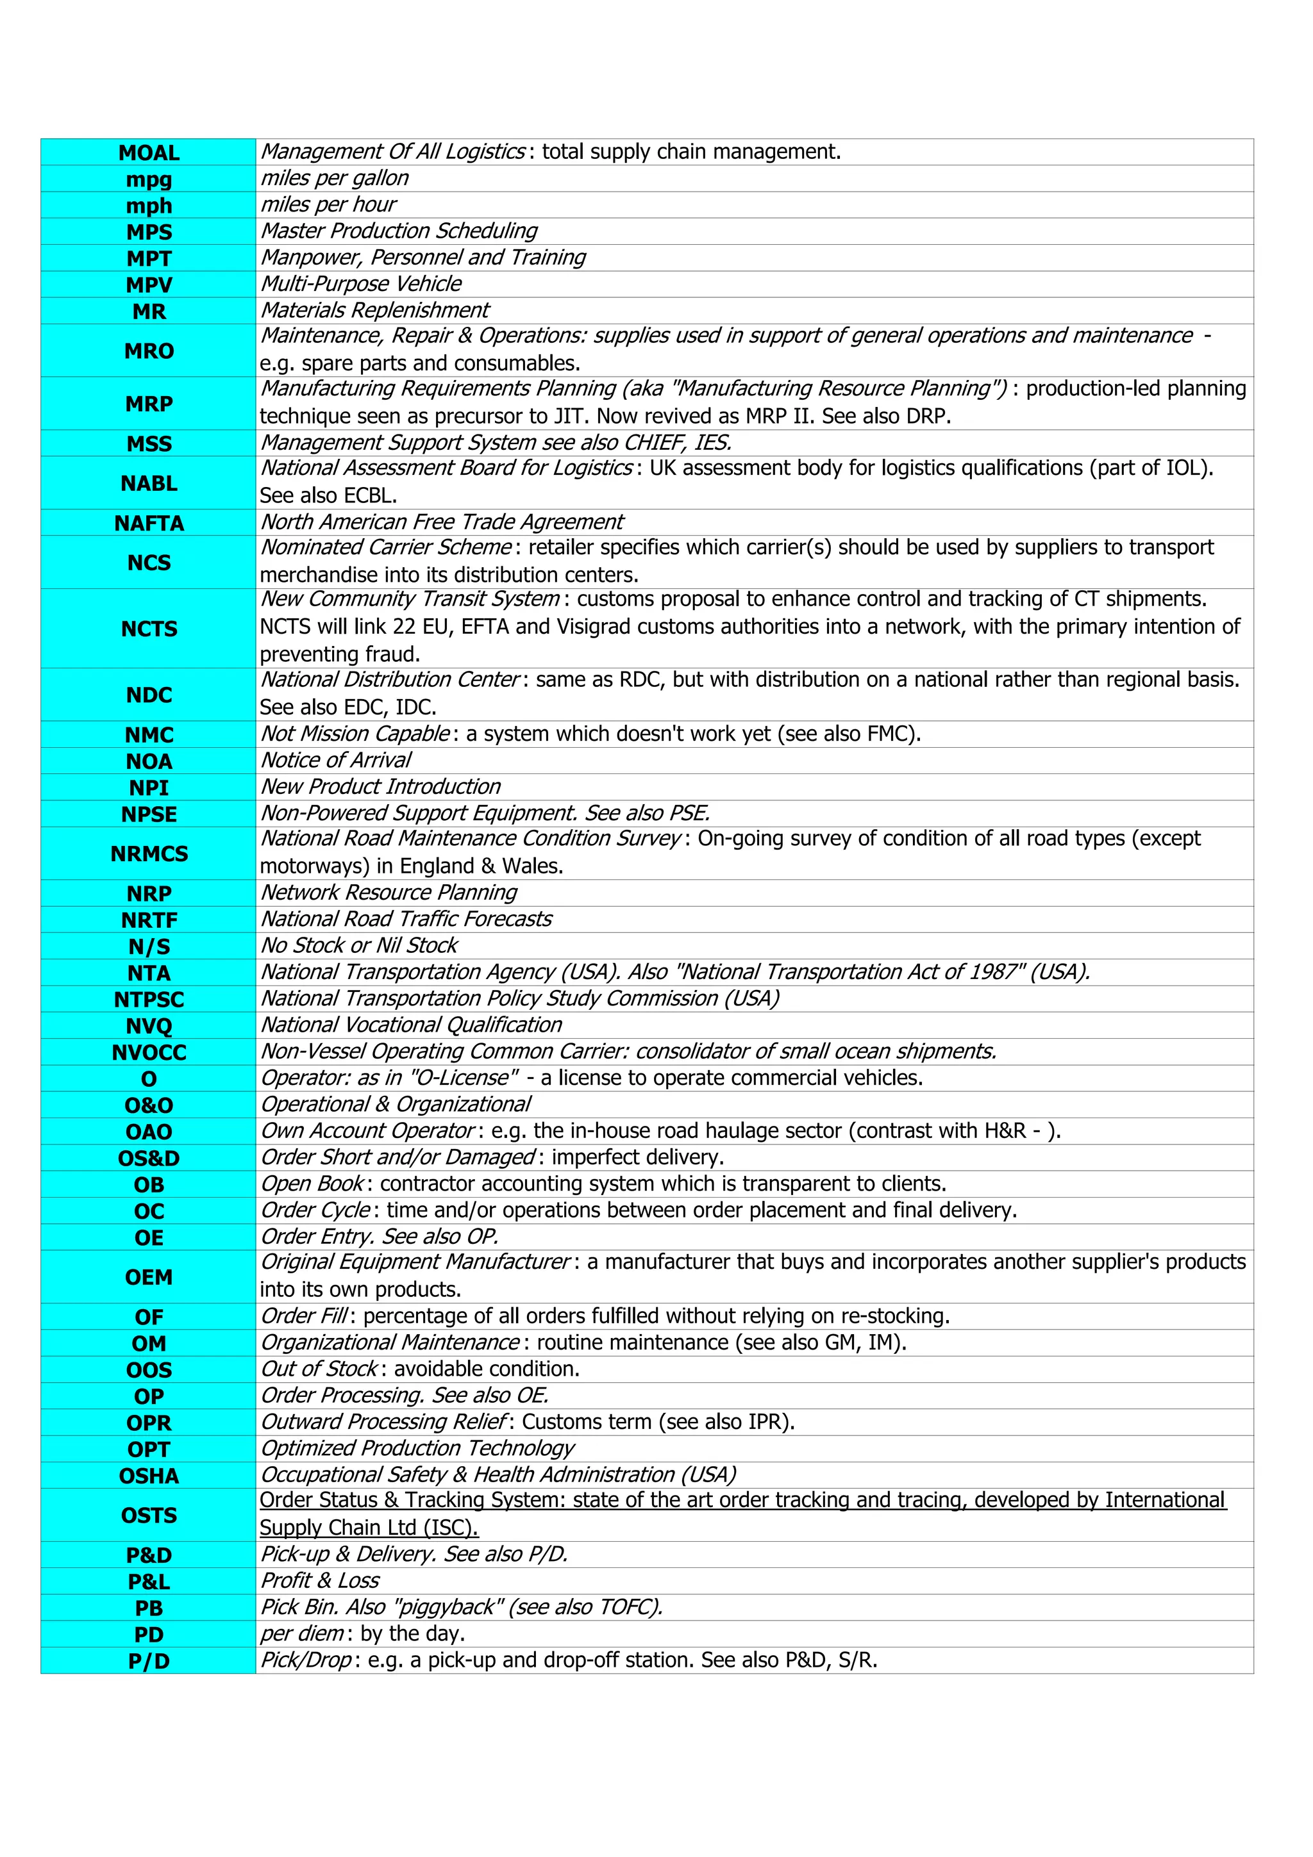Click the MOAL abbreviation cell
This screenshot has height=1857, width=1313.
(x=149, y=153)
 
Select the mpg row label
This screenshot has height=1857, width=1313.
(x=149, y=179)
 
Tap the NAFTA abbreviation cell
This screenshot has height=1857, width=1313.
(x=149, y=524)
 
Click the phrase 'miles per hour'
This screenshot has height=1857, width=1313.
(x=328, y=204)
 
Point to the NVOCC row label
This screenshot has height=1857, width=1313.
(x=149, y=1052)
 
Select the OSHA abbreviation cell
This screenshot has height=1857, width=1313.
(x=149, y=1476)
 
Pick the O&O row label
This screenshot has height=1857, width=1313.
(x=149, y=1105)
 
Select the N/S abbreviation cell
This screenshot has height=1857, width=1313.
(x=149, y=946)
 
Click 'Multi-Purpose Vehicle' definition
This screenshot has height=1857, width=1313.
(x=361, y=284)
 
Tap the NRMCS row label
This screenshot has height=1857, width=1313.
(x=149, y=854)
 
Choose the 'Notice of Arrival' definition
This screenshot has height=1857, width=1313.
(x=336, y=760)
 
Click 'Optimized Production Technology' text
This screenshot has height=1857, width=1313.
(x=417, y=1449)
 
